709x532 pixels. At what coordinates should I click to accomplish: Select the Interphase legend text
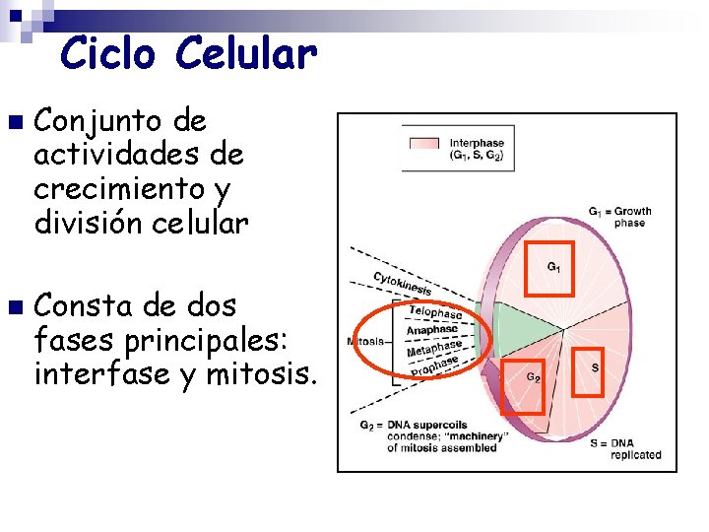(x=477, y=150)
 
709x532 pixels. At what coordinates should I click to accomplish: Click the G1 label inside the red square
(x=554, y=267)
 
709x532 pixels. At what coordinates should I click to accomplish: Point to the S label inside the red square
(x=594, y=367)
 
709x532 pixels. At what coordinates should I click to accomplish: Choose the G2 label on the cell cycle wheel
(x=532, y=376)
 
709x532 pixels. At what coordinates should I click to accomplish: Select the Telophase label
(x=434, y=312)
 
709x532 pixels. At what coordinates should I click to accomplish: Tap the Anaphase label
(x=431, y=331)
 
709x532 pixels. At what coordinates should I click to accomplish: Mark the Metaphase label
(x=433, y=349)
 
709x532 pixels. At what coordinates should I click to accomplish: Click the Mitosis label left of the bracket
(x=365, y=342)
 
